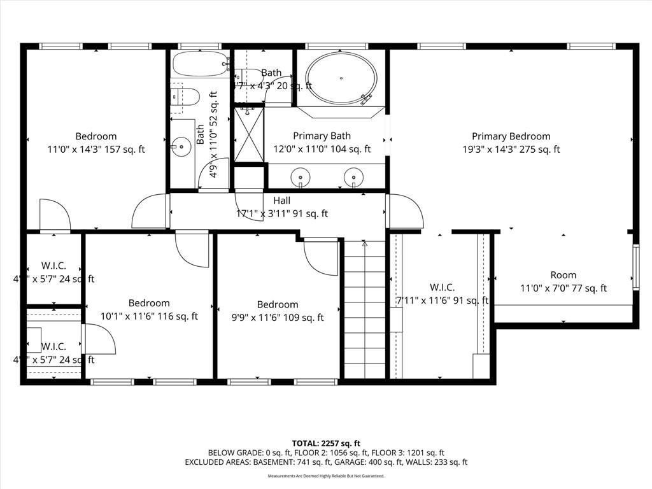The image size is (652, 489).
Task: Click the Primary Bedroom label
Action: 511,136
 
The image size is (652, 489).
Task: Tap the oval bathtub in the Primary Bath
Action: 341,78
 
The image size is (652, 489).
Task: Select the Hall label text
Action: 281,201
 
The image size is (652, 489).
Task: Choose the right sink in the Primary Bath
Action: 353,176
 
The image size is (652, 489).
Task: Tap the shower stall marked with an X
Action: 249,134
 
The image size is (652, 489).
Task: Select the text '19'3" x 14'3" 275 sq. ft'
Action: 511,150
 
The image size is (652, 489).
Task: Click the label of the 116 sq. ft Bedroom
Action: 149,303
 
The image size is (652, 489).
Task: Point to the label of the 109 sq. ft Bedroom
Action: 278,304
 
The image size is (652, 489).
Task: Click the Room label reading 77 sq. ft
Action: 563,275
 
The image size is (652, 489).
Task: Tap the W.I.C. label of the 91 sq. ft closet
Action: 442,287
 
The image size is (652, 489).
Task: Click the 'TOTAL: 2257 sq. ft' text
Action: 326,443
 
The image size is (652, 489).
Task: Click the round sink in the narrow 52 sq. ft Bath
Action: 182,146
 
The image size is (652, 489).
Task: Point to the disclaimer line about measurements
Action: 326,476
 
